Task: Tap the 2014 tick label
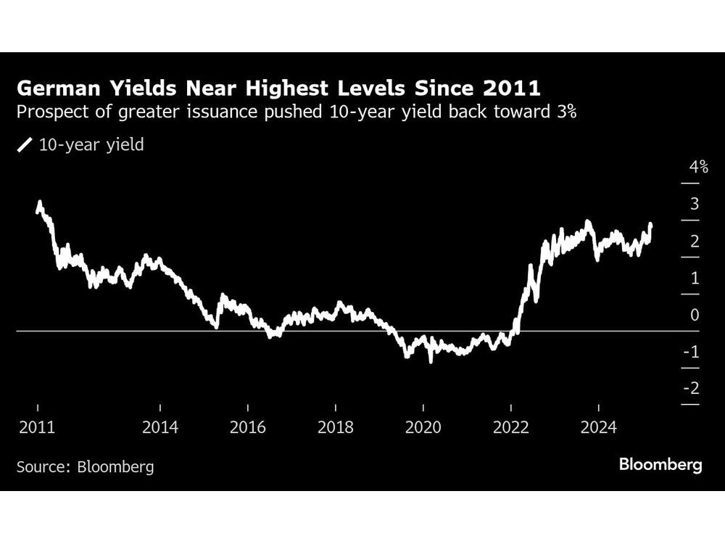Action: point(160,427)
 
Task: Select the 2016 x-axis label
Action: point(248,427)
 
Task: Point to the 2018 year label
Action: point(335,427)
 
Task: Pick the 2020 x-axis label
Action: point(423,427)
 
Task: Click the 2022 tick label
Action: point(511,427)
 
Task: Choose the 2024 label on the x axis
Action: point(599,427)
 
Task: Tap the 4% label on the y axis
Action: point(698,168)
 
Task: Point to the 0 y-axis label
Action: point(695,315)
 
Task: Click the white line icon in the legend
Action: point(25,145)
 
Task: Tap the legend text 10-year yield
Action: point(91,144)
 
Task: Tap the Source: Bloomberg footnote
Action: point(86,466)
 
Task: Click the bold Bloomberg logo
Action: point(660,464)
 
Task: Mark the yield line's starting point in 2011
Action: point(37,211)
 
